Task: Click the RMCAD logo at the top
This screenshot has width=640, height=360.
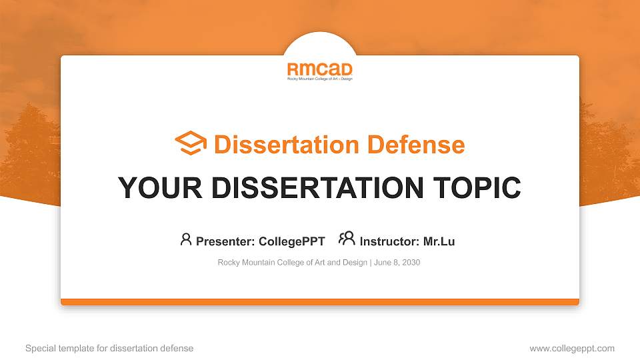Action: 319,70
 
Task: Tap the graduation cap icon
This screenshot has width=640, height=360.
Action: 191,143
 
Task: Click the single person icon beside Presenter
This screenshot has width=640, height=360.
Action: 186,239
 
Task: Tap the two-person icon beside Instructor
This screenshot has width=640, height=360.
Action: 347,239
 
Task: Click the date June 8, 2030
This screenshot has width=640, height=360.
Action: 397,263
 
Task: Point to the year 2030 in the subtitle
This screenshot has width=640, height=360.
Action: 411,263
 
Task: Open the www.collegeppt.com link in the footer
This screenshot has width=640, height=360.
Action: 572,348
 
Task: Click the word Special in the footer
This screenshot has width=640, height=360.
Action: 41,348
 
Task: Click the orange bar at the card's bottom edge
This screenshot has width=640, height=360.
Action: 320,302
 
